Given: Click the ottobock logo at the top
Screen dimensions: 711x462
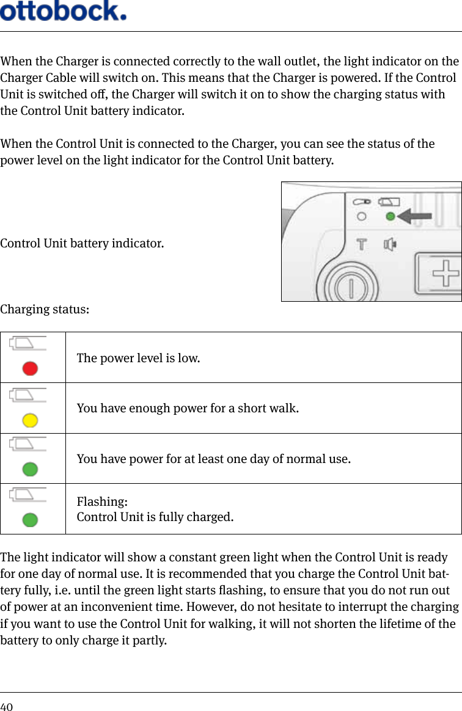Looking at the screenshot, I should pos(64,11).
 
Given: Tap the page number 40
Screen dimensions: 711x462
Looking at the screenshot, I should pos(7,706).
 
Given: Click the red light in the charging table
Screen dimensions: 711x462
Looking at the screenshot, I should pos(30,368).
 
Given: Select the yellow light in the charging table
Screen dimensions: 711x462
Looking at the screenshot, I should pos(30,420).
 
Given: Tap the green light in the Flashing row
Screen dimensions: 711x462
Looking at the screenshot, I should pos(30,520).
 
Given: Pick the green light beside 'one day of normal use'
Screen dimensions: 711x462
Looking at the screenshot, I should pos(30,469).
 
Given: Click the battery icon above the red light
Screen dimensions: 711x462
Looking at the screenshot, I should pos(28,343).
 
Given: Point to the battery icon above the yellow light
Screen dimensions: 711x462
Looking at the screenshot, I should pos(28,394).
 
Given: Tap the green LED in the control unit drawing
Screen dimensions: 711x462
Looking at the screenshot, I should pos(389,216).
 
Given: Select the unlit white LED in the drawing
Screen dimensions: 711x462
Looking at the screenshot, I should pos(362,216).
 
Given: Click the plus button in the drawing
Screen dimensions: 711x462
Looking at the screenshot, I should pos(446,274).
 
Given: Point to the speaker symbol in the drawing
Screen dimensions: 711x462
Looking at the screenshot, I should pos(389,244).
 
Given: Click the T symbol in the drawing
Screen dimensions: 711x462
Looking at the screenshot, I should pos(362,244).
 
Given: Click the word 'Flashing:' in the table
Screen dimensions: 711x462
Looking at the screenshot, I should pos(102,501).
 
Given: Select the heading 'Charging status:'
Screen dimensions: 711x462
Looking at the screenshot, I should pos(45,309).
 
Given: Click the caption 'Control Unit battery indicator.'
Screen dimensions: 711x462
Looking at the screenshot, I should pos(82,244).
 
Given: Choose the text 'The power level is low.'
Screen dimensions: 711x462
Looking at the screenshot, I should pos(138,358).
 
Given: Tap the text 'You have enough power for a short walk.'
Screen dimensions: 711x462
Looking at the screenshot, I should pos(188,408).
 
